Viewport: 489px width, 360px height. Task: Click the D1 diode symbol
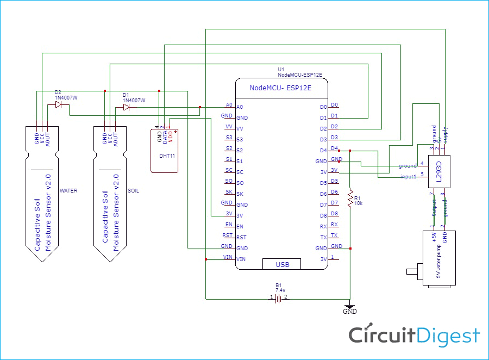[126, 107]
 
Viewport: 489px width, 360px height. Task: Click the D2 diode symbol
[58, 104]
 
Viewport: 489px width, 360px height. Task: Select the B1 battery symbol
[278, 298]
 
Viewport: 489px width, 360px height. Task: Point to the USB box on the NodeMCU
[282, 264]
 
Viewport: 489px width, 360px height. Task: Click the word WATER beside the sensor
[68, 191]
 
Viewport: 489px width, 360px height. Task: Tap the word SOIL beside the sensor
[133, 191]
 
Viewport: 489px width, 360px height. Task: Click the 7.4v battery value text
[280, 290]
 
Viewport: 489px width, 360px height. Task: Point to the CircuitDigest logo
[414, 335]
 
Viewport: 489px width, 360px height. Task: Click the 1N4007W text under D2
[66, 97]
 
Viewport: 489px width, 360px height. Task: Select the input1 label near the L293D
[408, 176]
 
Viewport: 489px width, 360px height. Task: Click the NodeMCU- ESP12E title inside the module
[281, 88]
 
